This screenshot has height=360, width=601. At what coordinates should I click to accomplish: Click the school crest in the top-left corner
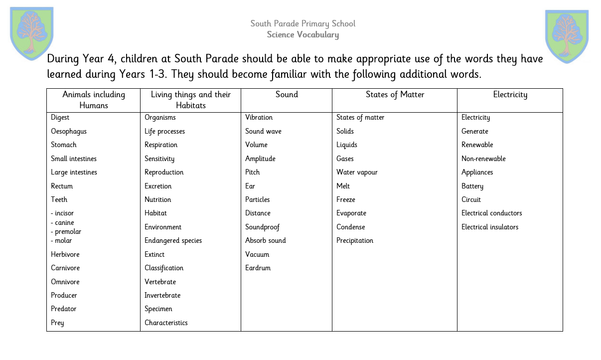point(31,33)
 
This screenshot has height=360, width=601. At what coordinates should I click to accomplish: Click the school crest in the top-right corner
point(567,36)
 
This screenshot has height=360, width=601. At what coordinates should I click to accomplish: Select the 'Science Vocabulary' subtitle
point(302,35)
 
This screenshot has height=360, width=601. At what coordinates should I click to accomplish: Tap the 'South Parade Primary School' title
point(302,23)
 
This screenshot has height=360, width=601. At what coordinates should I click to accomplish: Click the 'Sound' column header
point(287,95)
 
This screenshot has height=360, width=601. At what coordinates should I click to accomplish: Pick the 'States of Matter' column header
point(395,95)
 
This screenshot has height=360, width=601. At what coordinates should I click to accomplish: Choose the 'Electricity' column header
point(510,95)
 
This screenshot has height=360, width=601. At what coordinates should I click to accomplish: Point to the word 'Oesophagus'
point(69,131)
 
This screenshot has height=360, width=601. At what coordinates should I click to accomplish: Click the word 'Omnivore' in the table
point(65,282)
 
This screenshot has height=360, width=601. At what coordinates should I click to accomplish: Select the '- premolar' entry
point(66,231)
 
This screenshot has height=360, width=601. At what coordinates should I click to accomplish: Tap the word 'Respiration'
point(161,145)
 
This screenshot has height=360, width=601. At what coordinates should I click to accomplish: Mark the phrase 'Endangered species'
point(173,240)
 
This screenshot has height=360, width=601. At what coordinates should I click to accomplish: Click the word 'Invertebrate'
point(162,295)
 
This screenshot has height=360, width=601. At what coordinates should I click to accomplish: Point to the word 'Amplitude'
point(260,159)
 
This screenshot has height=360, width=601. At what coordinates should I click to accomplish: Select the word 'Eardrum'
point(258,268)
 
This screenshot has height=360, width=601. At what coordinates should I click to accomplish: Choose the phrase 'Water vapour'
point(357,172)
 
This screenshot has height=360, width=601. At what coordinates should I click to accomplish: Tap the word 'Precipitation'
point(355,240)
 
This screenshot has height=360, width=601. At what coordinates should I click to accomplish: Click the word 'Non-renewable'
point(483,159)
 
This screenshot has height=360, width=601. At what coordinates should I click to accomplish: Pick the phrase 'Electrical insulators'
point(490,227)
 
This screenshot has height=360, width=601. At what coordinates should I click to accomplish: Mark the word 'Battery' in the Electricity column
point(472,186)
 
